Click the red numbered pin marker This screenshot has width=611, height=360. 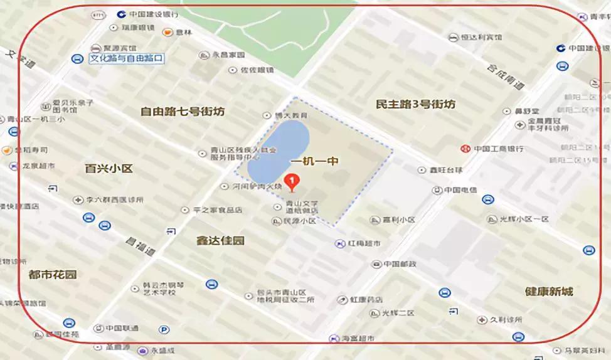point(292,182)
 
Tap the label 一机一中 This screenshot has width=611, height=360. point(316,161)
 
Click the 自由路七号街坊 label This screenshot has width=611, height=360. point(182,112)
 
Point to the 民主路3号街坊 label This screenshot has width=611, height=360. point(415,104)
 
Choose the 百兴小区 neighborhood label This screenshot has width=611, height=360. point(109,168)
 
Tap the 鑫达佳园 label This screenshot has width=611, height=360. point(220,240)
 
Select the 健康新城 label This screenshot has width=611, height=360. point(550,292)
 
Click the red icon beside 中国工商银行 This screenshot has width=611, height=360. point(465,149)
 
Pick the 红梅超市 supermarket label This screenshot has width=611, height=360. point(364,243)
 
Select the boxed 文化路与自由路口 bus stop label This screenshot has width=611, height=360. point(126,58)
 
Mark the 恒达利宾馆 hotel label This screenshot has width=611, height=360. point(481,37)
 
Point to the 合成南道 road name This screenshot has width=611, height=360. point(507,79)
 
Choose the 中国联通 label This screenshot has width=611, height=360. point(122,328)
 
